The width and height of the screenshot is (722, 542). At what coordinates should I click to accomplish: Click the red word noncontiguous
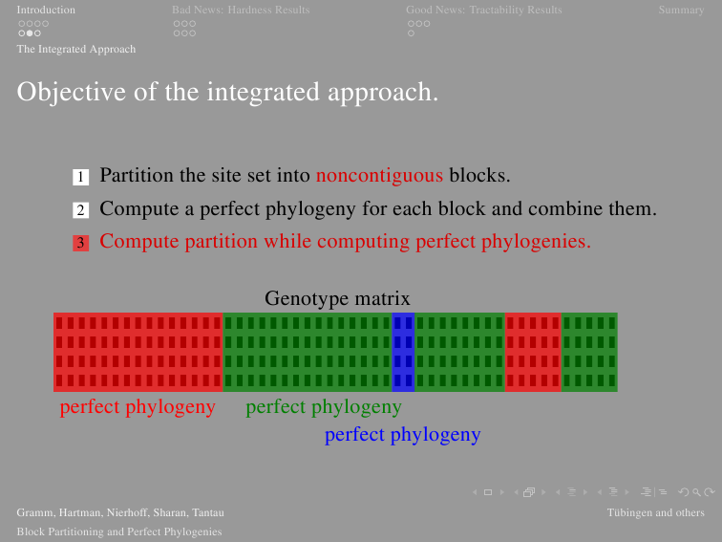point(379,176)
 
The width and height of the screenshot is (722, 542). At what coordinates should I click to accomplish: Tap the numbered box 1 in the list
point(80,177)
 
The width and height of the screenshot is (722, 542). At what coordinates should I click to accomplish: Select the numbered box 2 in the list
point(80,210)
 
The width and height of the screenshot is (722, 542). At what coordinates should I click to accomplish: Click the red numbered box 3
point(80,243)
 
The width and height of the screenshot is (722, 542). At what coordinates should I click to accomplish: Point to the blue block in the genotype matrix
point(403,352)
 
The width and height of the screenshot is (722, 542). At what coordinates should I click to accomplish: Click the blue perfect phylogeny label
point(402,435)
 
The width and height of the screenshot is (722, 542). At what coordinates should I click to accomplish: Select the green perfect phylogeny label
point(324,407)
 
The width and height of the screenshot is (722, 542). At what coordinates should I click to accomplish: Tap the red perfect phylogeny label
point(138,407)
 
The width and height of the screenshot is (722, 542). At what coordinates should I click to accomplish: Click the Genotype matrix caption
point(337,298)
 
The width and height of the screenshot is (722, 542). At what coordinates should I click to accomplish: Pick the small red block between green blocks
point(533,352)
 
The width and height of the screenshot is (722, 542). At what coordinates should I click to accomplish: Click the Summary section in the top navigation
point(681,10)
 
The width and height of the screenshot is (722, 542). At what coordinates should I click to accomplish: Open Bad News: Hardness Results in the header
point(241,10)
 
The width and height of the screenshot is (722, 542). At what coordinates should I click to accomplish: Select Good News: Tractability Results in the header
point(484,10)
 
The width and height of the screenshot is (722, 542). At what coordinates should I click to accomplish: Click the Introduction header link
point(46,10)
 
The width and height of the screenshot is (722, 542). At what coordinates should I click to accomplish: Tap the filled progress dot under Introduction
point(30,33)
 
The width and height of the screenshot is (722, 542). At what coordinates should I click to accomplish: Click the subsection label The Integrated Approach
point(76,49)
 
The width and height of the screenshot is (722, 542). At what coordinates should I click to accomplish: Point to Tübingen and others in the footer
point(656,512)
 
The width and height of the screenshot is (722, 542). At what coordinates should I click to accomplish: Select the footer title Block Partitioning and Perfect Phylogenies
point(119,531)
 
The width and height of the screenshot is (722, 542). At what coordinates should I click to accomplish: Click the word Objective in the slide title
point(72,92)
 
